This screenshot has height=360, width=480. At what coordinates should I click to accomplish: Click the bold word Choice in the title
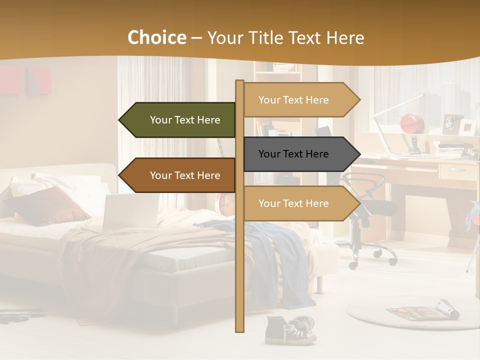point(156,38)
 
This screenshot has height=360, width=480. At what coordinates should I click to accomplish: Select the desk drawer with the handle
point(457,171)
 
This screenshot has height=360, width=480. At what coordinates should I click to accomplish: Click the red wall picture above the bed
point(38,80)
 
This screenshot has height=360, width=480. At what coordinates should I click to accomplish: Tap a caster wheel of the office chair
point(354,265)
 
